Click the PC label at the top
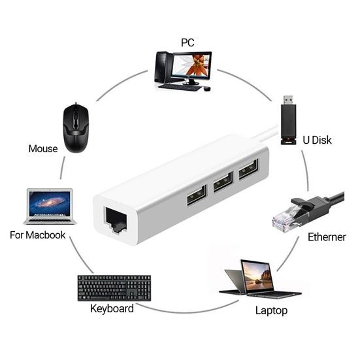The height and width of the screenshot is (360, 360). click(x=188, y=42)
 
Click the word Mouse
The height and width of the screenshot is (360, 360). click(x=43, y=148)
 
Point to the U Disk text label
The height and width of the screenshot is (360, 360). click(x=318, y=140)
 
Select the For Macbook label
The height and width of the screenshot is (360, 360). click(x=37, y=235)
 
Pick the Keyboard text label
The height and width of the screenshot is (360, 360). click(x=112, y=308)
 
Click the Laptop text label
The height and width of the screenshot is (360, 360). click(x=270, y=310)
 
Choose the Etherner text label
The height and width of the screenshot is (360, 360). click(x=327, y=237)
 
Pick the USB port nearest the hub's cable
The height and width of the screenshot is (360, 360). click(x=248, y=172)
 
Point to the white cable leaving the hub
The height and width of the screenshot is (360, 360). click(x=265, y=136)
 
